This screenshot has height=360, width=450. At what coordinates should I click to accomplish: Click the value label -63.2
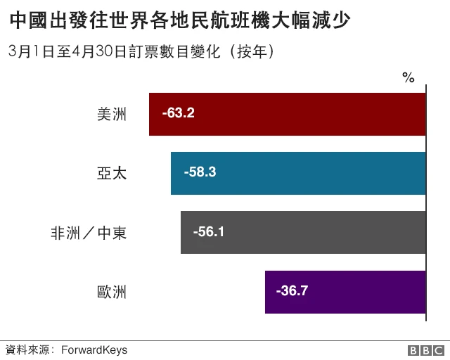tap(178, 113)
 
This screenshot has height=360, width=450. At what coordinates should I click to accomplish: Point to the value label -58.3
tap(200, 172)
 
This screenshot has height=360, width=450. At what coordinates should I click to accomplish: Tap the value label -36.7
tap(292, 290)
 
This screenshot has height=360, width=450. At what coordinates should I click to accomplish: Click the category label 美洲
tap(112, 114)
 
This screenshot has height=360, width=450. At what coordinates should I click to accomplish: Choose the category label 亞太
tap(112, 173)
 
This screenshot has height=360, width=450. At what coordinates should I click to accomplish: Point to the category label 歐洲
tap(112, 291)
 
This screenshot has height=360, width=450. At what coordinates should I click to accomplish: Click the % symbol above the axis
tap(408, 77)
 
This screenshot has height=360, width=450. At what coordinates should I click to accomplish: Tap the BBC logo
tap(425, 349)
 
